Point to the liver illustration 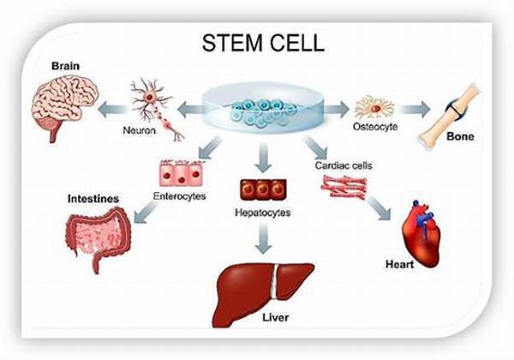(258, 291)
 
